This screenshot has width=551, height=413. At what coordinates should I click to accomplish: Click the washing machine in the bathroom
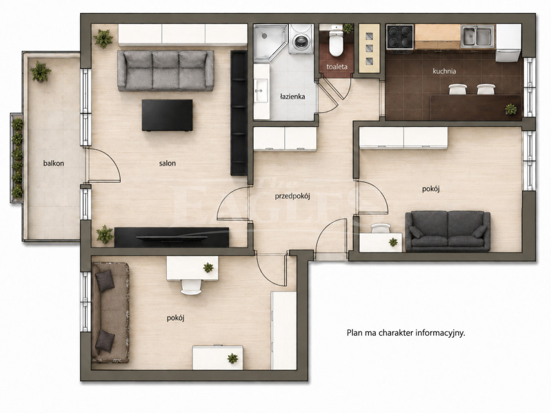[x=301, y=39]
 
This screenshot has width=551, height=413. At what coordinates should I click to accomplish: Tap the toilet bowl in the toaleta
[x=336, y=43]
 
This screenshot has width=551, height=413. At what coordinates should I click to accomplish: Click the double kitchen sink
[x=477, y=37]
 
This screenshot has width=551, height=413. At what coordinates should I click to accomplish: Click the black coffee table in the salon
[x=167, y=115]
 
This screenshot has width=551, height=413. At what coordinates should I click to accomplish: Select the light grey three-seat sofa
[x=166, y=71]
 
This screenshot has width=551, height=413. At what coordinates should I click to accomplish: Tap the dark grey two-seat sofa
[x=448, y=231]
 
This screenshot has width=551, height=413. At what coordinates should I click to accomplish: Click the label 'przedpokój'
[x=292, y=196]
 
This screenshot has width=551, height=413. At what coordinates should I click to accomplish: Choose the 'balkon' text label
[x=53, y=163]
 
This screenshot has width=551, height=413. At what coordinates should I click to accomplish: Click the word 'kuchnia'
[x=444, y=71]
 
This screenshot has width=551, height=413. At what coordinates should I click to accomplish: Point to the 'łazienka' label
[x=292, y=96]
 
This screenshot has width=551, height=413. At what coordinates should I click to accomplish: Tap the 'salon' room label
[x=168, y=163]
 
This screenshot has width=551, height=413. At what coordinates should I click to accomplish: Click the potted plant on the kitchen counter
[x=511, y=109]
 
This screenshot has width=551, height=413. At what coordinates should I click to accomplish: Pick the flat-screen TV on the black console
[x=172, y=237]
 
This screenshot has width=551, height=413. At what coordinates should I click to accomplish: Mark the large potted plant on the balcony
[x=40, y=72]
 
